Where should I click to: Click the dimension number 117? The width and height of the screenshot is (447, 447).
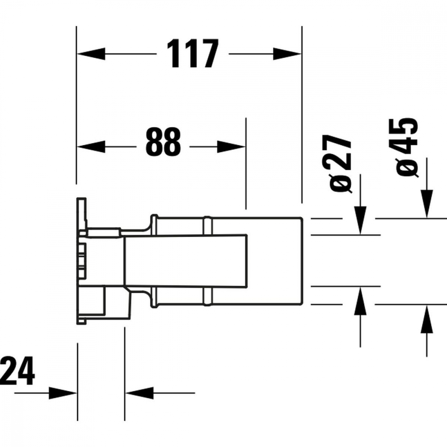(x=194, y=54)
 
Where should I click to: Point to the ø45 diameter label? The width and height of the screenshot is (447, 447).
(x=407, y=148)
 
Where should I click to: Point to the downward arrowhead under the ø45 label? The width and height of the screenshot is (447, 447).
(x=427, y=203)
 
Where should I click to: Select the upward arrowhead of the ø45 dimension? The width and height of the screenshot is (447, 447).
(x=427, y=319)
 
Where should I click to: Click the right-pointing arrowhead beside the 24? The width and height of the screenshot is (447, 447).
(x=63, y=393)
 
